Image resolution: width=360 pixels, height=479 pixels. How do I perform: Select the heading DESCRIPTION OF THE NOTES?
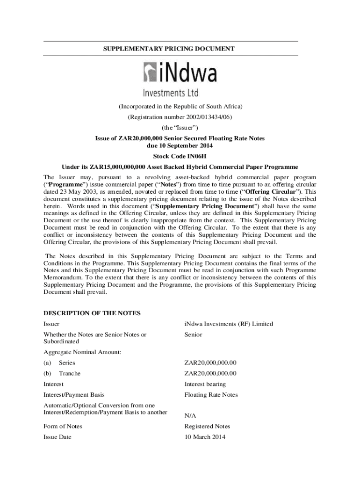[92, 313]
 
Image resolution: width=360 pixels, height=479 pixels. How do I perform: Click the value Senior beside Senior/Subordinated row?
[193, 334]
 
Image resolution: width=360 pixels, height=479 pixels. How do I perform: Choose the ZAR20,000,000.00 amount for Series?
[210, 363]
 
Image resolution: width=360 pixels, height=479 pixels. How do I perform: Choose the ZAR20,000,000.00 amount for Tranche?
[210, 373]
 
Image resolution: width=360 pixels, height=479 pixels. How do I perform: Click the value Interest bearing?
[205, 384]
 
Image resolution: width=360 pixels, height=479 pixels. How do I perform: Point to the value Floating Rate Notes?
[211, 395]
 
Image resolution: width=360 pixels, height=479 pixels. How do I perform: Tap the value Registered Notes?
[207, 426]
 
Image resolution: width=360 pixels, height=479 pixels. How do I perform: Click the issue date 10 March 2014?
[205, 437]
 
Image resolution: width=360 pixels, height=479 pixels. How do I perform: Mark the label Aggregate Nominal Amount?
[82, 352]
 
